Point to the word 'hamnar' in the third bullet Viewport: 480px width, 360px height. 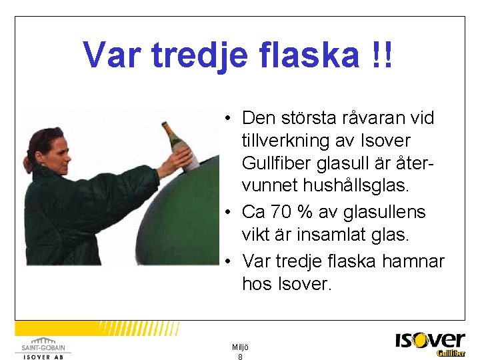click(x=413, y=260)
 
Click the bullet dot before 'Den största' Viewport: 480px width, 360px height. click(x=228, y=119)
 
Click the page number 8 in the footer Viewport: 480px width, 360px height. click(x=240, y=357)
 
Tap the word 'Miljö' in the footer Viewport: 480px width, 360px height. click(x=240, y=347)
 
